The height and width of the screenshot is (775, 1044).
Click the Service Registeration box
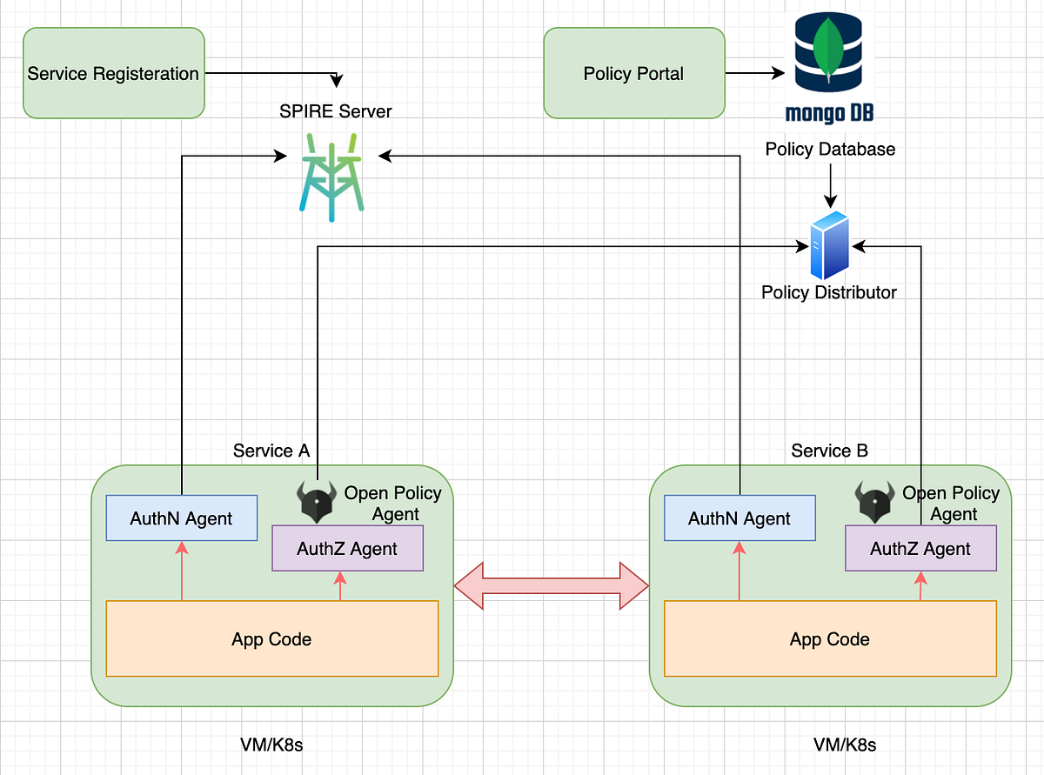(x=113, y=73)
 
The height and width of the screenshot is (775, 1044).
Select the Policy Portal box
(x=633, y=73)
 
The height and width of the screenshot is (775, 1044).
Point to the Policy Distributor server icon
(x=828, y=245)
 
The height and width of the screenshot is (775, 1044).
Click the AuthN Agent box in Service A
(x=181, y=518)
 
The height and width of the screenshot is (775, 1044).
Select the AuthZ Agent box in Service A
(x=347, y=549)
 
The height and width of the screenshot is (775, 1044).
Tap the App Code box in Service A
(x=271, y=638)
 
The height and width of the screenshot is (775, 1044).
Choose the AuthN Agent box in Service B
(x=739, y=518)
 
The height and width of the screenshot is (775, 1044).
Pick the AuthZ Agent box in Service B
(x=920, y=549)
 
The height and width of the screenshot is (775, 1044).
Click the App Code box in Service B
(x=830, y=638)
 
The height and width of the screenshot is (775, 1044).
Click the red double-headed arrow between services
(x=552, y=585)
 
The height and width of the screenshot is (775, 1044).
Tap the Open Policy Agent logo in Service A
(x=317, y=502)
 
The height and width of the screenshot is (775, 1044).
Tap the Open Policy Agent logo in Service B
(x=874, y=502)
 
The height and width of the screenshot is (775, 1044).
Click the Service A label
(x=271, y=451)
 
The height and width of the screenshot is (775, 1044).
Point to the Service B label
(x=829, y=451)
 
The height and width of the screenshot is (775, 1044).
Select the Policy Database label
(x=830, y=150)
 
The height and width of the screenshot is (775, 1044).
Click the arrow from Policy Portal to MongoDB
(x=754, y=74)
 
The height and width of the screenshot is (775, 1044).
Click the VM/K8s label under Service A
(x=271, y=745)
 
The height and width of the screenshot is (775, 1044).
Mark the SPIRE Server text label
(x=336, y=111)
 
